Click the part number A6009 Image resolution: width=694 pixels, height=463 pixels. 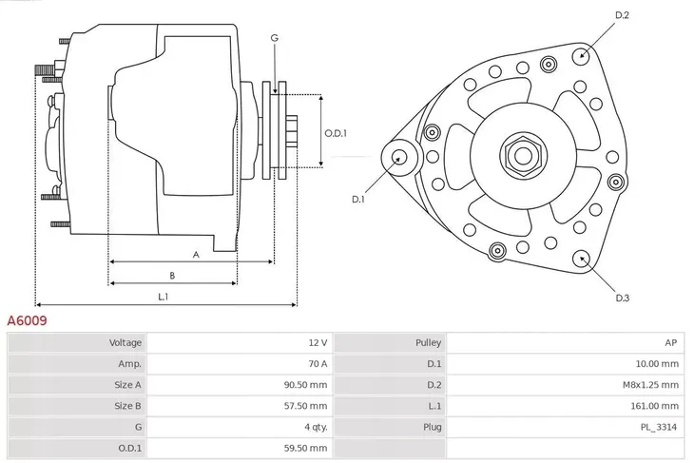[28, 321]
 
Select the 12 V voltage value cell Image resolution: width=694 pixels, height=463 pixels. [318, 342]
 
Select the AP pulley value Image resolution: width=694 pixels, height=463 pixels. [671, 342]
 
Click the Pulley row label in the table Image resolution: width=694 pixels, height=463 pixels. [427, 342]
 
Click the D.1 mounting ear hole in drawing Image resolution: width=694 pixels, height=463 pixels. [397, 157]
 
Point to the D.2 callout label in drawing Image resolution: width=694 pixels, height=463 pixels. [623, 15]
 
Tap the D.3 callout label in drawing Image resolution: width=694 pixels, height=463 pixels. [622, 298]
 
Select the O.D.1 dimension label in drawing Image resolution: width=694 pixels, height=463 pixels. [336, 133]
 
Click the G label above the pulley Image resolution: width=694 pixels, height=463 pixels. [275, 38]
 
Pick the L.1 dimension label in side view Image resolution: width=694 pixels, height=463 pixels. [163, 297]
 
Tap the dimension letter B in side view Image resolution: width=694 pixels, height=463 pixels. [171, 276]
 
